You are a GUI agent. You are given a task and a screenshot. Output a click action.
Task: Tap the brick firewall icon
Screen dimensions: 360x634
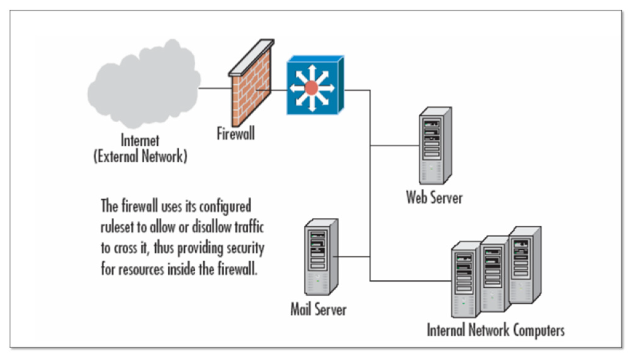(251, 92)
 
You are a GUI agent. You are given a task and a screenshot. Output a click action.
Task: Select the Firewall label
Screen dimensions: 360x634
(236, 133)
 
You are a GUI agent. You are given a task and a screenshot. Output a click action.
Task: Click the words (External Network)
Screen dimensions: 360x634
(140, 156)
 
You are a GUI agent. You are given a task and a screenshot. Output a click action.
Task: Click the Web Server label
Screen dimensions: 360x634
(434, 197)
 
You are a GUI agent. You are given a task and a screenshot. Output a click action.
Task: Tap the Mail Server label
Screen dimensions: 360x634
(318, 309)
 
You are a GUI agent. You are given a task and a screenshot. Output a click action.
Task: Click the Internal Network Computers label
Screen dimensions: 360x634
(496, 330)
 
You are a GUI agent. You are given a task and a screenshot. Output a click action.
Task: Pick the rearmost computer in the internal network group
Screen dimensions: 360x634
(524, 264)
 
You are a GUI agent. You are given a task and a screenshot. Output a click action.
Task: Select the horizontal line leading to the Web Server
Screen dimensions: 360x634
(394, 145)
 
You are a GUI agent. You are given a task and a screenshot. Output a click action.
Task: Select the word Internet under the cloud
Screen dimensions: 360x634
(140, 141)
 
